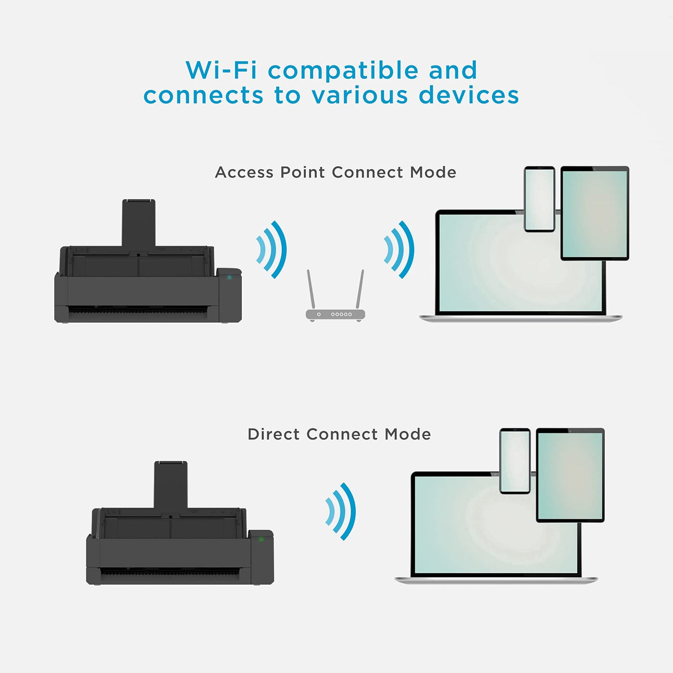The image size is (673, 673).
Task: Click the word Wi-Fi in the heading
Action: point(221,71)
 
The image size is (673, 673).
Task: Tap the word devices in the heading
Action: point(469,95)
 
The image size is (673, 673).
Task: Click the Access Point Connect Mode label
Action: point(336,172)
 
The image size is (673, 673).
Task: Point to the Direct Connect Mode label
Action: point(339,434)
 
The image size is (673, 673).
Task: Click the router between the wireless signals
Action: point(336,314)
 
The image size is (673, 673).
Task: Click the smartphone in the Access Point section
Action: point(539,199)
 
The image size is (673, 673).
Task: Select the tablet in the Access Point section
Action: point(595,213)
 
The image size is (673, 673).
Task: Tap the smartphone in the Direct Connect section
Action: point(515,461)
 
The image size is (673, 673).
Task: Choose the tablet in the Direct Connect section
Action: point(570,475)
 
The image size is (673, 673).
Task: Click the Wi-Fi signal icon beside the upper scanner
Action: point(272,249)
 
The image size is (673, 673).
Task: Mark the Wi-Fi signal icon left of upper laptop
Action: point(399,249)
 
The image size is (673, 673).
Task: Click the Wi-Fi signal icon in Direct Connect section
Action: point(341,511)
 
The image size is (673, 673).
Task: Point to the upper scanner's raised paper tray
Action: point(138,223)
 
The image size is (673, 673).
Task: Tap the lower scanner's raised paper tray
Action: point(171,485)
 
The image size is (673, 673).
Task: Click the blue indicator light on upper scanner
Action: point(229,277)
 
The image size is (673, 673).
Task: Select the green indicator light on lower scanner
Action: point(262,539)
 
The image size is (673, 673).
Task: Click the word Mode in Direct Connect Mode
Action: point(408,434)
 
